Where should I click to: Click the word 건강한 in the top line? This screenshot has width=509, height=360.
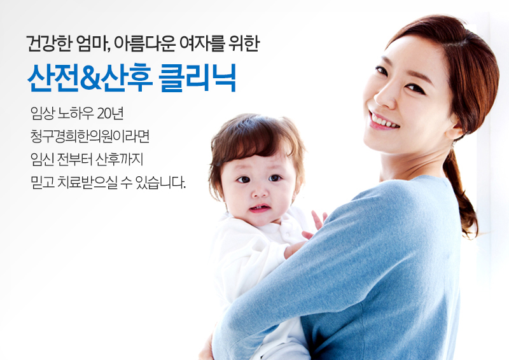pyautogui.click(x=49, y=43)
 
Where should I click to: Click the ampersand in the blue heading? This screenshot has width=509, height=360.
pyautogui.click(x=90, y=78)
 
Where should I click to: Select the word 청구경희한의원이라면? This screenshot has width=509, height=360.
pyautogui.click(x=90, y=136)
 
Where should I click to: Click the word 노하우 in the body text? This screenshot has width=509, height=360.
pyautogui.click(x=76, y=113)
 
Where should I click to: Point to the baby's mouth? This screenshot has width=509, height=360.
pyautogui.click(x=260, y=209)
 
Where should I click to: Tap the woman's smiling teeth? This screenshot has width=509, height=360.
pyautogui.click(x=384, y=121)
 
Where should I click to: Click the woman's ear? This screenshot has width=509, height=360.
pyautogui.click(x=455, y=128)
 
